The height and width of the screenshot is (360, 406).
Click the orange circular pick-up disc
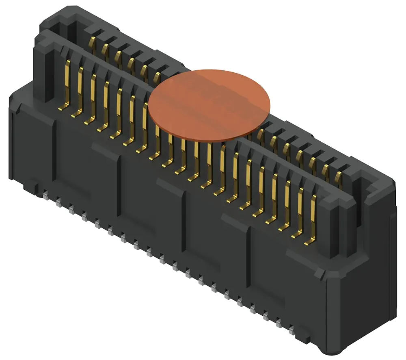point(209,105)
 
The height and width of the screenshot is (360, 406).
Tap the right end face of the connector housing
point(365,276)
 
